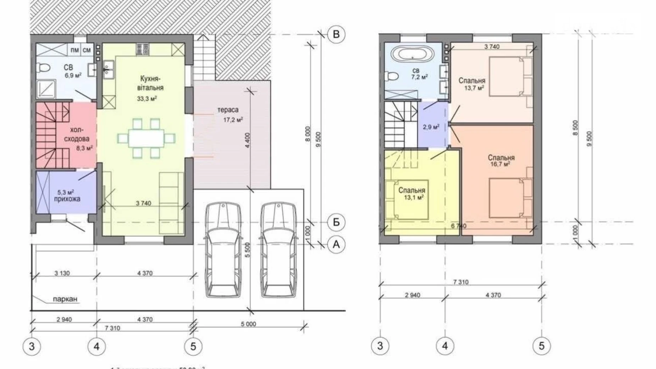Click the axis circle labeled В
pyautogui.click(x=336, y=34)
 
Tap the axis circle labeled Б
pyautogui.click(x=336, y=222)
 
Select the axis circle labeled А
pyautogui.click(x=336, y=244)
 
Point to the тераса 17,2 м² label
pyautogui.click(x=229, y=114)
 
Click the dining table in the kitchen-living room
pyautogui.click(x=146, y=138)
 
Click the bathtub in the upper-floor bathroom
pyautogui.click(x=412, y=54)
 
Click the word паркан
pyautogui.click(x=65, y=299)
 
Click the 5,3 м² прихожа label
pyautogui.click(x=67, y=196)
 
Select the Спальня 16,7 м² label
pyautogui.click(x=501, y=160)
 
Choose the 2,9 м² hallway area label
pyautogui.click(x=431, y=127)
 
